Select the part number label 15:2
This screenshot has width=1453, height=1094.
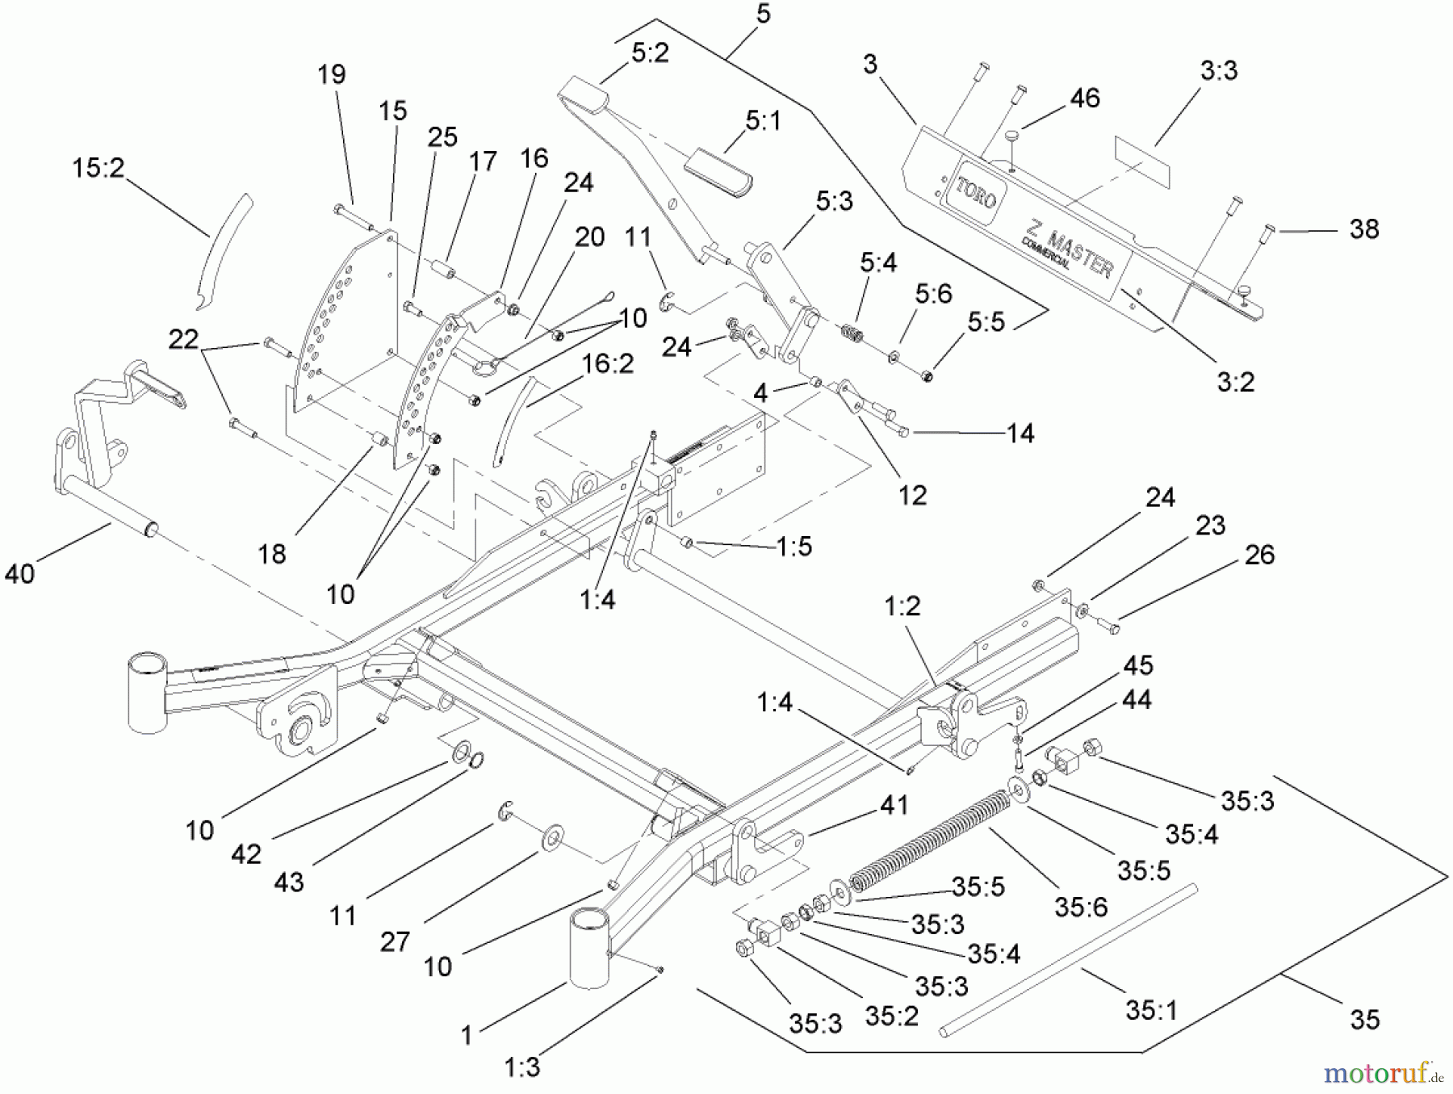[x=98, y=169]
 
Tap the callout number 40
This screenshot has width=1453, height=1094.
[x=20, y=574]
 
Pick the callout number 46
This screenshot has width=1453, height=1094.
[x=1084, y=99]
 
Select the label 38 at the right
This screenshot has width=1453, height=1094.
[x=1363, y=229]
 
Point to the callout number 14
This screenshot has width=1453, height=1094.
[x=1020, y=434]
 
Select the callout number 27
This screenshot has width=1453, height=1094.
[x=395, y=941]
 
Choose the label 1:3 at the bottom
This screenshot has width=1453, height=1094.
[x=522, y=1067]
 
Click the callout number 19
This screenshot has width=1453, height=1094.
[x=331, y=74]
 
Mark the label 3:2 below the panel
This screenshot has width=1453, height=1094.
[x=1235, y=381]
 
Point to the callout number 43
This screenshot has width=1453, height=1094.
[x=288, y=882]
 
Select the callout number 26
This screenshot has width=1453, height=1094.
[x=1259, y=555]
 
